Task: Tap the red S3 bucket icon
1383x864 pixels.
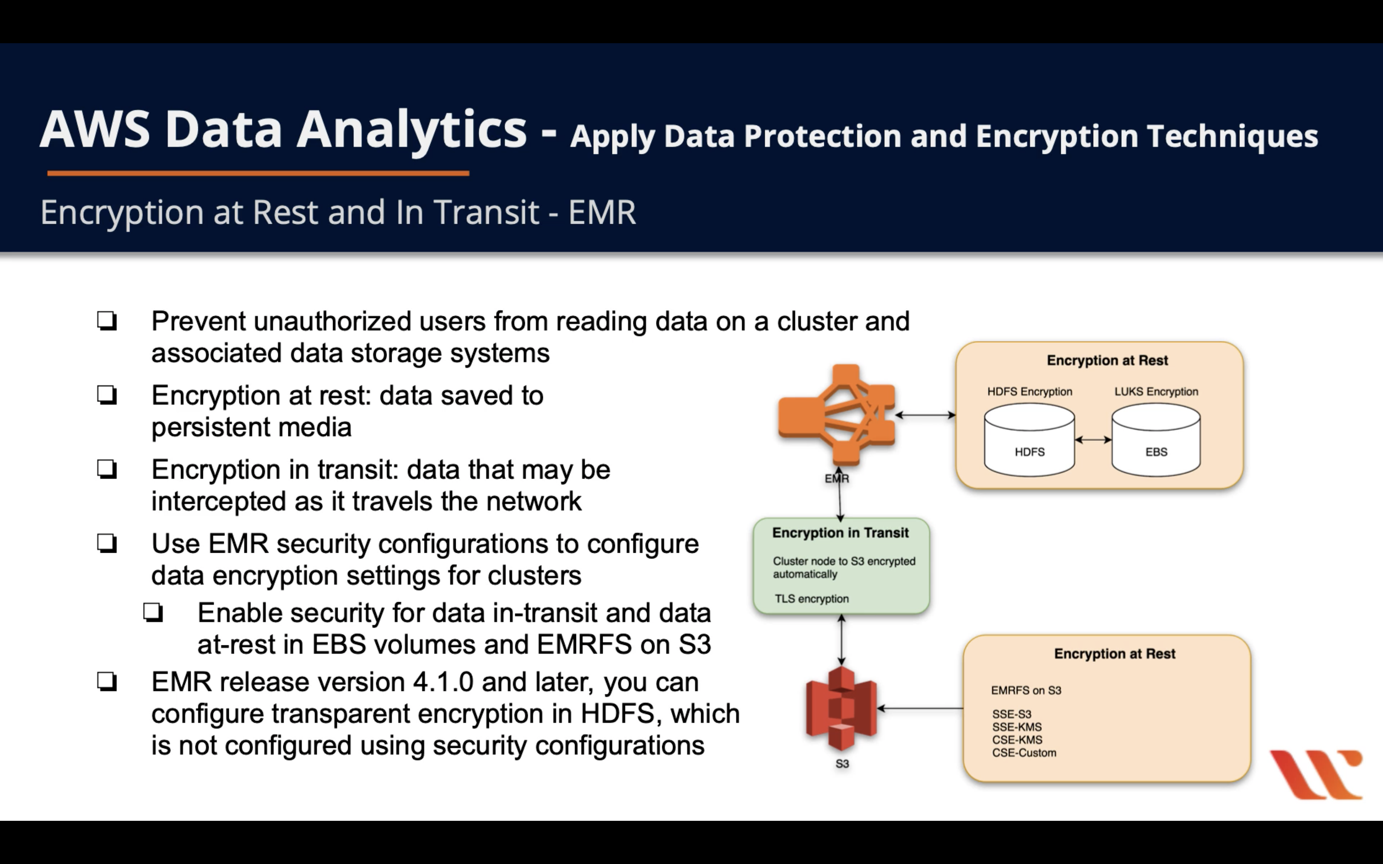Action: [841, 709]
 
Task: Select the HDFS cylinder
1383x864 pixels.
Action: [1029, 440]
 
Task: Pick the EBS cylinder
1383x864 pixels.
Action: [1156, 440]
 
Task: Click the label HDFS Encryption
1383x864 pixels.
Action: [1029, 391]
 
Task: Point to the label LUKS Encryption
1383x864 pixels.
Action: [1156, 391]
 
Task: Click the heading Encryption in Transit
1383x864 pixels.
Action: [840, 533]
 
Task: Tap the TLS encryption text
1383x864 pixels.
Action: [812, 598]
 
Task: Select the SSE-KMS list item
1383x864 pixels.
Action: [1017, 727]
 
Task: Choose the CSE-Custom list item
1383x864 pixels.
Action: [1023, 753]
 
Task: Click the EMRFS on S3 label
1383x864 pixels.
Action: [1026, 690]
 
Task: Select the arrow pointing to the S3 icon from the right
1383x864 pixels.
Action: [920, 709]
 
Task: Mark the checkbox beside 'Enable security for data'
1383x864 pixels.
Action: [153, 613]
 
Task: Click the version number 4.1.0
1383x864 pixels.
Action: [443, 682]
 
